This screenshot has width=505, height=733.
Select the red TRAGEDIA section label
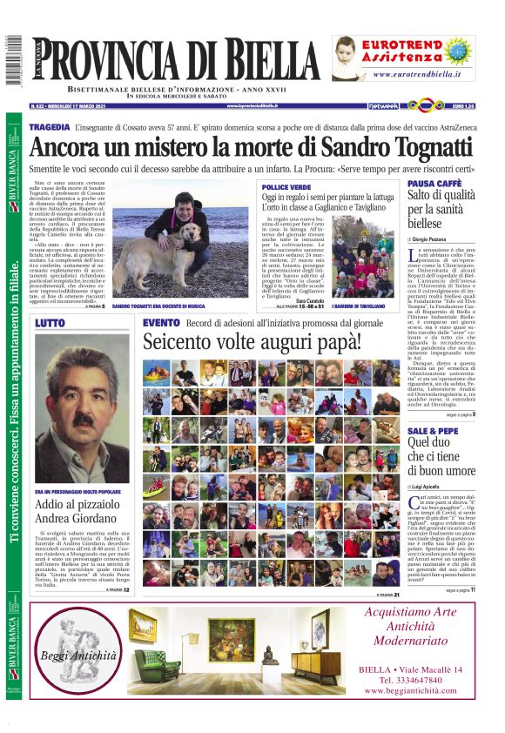coord(50,128)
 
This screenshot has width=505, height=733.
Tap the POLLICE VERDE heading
coord(286,187)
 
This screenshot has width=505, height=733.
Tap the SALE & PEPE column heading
coord(431,431)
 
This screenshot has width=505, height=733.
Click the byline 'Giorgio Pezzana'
coord(444,238)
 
